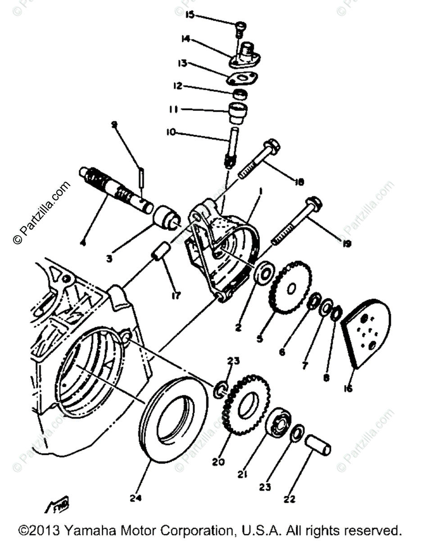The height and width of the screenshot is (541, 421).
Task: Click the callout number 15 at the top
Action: [x=190, y=16]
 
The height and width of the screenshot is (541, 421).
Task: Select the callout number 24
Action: [x=136, y=498]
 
